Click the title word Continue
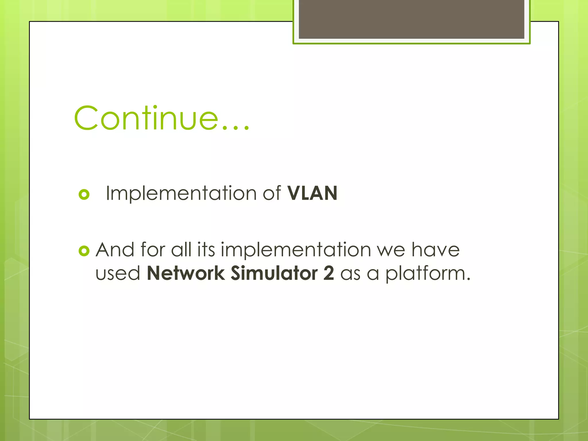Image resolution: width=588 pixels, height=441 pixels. pos(146,118)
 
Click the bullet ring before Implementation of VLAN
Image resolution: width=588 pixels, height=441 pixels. pos(84,195)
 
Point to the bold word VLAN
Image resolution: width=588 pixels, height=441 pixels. pos(312,193)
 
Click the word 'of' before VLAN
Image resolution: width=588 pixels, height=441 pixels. pos(272,193)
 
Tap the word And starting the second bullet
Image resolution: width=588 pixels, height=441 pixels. pos(115,249)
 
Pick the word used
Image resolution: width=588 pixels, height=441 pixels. pos(118,273)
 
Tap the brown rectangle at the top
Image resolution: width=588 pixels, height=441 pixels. pos(411,19)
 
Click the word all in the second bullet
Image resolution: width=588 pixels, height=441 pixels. pos(181,249)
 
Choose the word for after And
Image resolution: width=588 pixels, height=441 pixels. pos(153,249)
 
